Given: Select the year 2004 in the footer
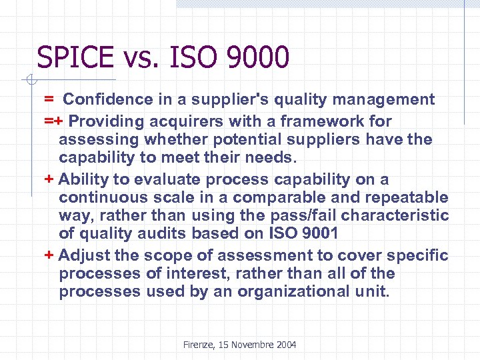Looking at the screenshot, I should [285, 345].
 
